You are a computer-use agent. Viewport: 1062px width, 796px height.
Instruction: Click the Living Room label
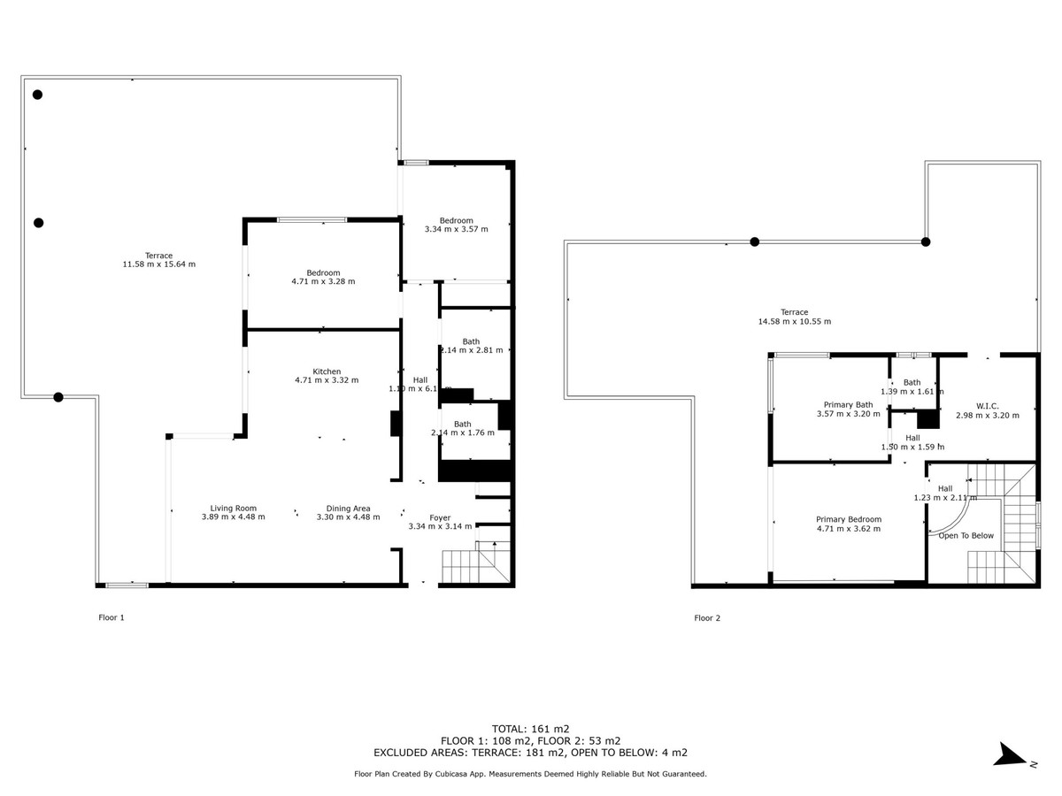(x=233, y=508)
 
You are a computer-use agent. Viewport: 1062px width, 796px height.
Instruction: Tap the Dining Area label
(x=348, y=508)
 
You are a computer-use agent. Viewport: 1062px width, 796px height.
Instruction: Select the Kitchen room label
(x=327, y=371)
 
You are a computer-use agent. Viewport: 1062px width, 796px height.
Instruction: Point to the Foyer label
(x=440, y=517)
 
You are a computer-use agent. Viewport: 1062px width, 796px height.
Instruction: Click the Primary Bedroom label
(x=848, y=519)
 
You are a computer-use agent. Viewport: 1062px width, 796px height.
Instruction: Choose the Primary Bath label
(x=848, y=405)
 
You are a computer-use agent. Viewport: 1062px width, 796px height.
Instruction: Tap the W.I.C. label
(x=988, y=406)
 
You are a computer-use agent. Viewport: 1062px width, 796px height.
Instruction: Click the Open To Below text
(x=966, y=535)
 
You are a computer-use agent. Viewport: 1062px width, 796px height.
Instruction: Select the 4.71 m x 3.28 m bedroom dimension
(x=323, y=282)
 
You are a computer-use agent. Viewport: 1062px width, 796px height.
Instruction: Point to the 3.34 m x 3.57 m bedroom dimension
(x=457, y=230)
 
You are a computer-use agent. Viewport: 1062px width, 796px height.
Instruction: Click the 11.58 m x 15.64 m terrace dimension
(x=159, y=264)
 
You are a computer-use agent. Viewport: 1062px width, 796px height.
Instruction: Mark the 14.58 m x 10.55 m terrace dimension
(x=794, y=322)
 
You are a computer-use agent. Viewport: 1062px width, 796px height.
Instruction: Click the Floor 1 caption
(x=111, y=618)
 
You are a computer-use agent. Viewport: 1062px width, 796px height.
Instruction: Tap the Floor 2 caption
(x=707, y=618)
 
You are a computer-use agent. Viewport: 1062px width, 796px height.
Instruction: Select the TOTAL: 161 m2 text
(x=530, y=729)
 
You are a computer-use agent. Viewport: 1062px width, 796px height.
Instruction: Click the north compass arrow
(x=1009, y=754)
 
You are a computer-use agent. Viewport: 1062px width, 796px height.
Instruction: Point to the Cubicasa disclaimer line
(x=530, y=774)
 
